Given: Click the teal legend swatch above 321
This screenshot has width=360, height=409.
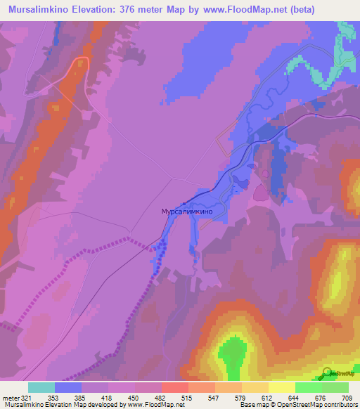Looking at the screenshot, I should click(x=41, y=387).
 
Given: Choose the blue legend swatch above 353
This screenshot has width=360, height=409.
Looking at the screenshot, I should click(x=68, y=387).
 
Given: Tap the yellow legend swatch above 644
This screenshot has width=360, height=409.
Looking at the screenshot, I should click(x=282, y=387).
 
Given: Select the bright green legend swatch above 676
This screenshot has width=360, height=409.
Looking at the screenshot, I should click(x=309, y=387).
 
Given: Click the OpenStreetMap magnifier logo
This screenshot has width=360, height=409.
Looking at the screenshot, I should click(x=327, y=373).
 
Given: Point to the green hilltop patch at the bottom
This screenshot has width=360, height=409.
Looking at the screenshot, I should click(x=233, y=355).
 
